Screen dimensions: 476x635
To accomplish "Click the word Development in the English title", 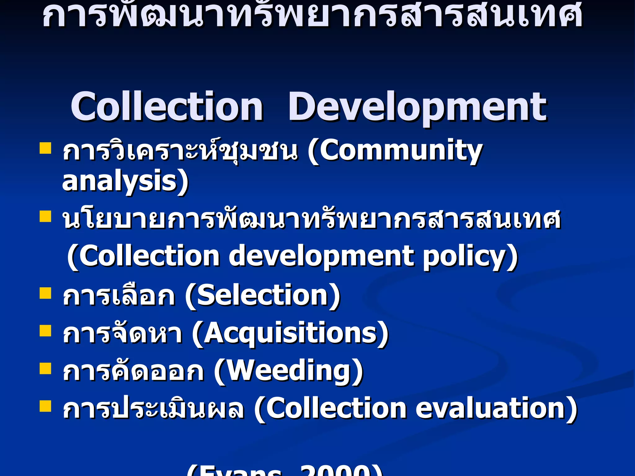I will click(x=417, y=107).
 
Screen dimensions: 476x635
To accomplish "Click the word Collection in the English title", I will click(x=167, y=107).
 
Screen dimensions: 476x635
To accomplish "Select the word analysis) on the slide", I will click(x=125, y=181).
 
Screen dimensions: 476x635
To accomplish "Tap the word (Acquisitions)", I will click(x=290, y=333).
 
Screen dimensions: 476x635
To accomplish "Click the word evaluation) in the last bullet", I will click(x=496, y=408).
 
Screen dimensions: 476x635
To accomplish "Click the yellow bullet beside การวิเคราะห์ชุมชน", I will click(x=45, y=148).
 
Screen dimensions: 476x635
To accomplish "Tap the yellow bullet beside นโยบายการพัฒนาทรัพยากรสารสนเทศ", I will click(x=45, y=217).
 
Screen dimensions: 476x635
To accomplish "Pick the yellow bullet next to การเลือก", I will click(x=45, y=293).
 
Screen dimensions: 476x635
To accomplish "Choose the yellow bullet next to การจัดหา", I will click(x=45, y=331).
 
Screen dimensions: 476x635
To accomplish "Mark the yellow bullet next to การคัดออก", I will click(x=45, y=369).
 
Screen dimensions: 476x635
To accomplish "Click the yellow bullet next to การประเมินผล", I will click(x=45, y=406).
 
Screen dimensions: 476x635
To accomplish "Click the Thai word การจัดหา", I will click(x=123, y=333).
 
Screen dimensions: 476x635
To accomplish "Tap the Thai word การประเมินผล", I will click(x=153, y=408).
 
